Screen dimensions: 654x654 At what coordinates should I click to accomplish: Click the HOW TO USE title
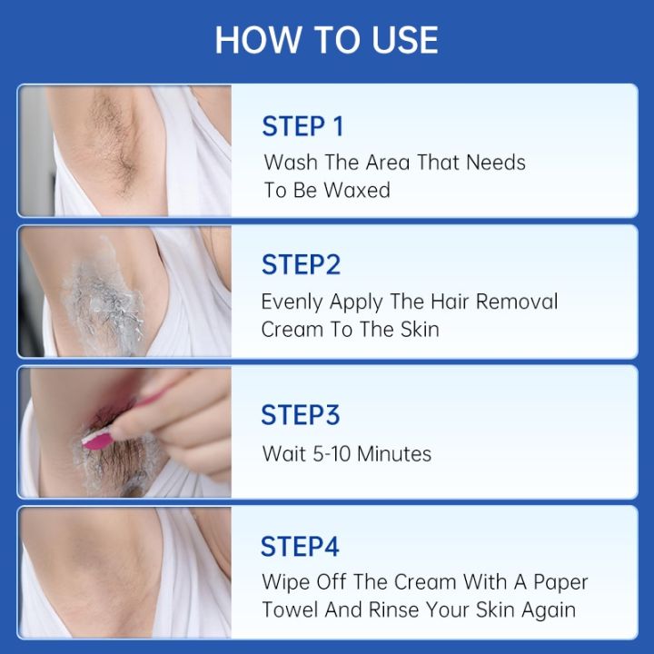pos(327,40)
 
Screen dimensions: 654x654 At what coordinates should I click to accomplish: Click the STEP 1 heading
pos(302,126)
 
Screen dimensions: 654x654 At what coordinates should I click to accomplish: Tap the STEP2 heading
pos(301,264)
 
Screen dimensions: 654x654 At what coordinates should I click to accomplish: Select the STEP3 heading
pos(300,414)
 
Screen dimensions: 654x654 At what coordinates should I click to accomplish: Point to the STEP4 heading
pos(300,546)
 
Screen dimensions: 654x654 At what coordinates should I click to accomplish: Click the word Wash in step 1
pos(287,163)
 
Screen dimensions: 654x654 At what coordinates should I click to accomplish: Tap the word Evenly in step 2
pos(288,302)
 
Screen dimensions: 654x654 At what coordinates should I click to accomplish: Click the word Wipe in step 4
pos(283,581)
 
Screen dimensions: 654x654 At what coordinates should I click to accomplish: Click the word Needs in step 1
pos(496,163)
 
